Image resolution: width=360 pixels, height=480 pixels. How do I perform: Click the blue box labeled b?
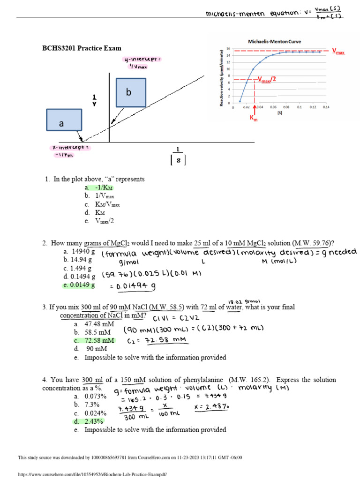click(131, 92)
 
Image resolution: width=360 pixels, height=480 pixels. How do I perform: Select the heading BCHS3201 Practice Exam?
click(82, 48)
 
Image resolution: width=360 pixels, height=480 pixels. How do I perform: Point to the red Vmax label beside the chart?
click(338, 51)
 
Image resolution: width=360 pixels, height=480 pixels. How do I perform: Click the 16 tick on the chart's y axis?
click(228, 49)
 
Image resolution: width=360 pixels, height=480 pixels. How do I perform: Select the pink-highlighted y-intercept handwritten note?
click(142, 63)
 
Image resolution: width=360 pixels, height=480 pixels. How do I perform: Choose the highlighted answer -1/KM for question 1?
click(99, 188)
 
